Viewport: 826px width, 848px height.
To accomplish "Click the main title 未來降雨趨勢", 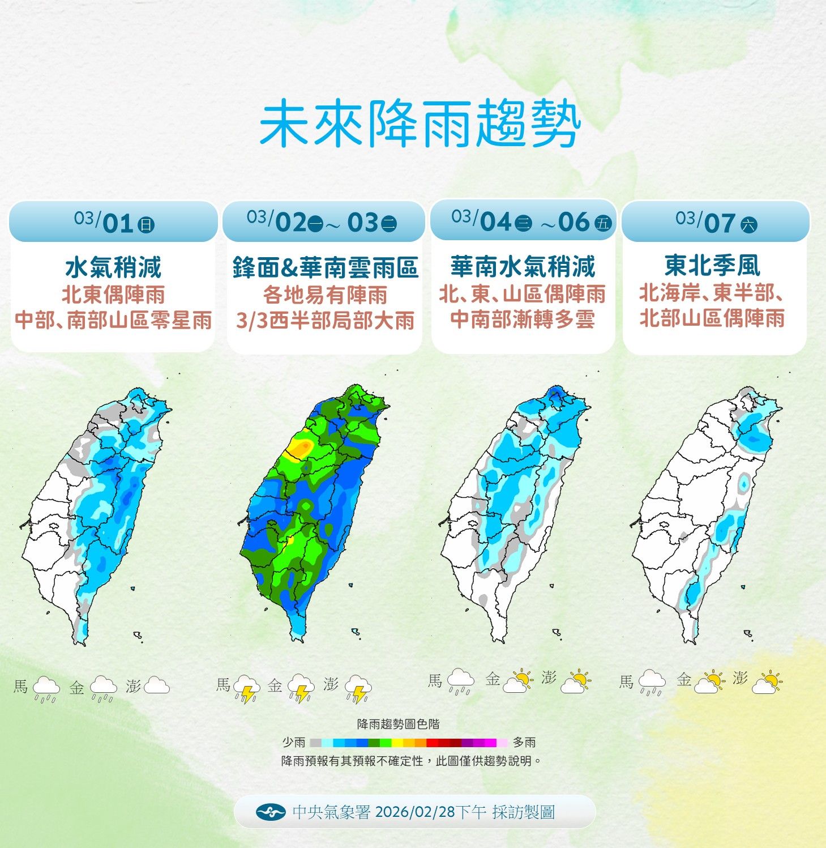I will pyautogui.click(x=420, y=125).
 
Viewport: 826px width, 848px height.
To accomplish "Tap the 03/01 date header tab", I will pyautogui.click(x=113, y=222).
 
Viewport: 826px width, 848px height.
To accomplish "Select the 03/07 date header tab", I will pyautogui.click(x=716, y=222).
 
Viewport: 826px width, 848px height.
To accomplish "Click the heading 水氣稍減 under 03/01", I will pyautogui.click(x=113, y=267).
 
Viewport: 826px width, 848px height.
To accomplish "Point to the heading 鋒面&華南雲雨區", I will pyautogui.click(x=325, y=267).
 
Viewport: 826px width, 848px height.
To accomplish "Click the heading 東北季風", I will pyautogui.click(x=712, y=265).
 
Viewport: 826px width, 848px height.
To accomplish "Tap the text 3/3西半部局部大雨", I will pyautogui.click(x=325, y=321).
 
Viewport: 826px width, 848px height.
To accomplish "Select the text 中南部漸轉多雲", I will pyautogui.click(x=523, y=319).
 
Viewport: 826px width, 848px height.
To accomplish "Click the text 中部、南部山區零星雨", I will pyautogui.click(x=113, y=320).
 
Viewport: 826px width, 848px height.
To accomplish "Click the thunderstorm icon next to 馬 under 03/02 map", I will pyautogui.click(x=246, y=688).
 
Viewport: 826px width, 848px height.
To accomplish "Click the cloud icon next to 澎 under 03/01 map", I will pyautogui.click(x=157, y=686).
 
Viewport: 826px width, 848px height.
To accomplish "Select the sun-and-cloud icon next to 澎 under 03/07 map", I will pyautogui.click(x=767, y=682).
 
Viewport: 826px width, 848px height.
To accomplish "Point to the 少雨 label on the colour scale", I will pyautogui.click(x=294, y=742).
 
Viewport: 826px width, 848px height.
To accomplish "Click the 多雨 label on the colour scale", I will pyautogui.click(x=524, y=742).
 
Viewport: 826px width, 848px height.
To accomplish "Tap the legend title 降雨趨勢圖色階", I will pyautogui.click(x=398, y=724).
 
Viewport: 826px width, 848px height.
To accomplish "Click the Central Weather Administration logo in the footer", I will pyautogui.click(x=271, y=812).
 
